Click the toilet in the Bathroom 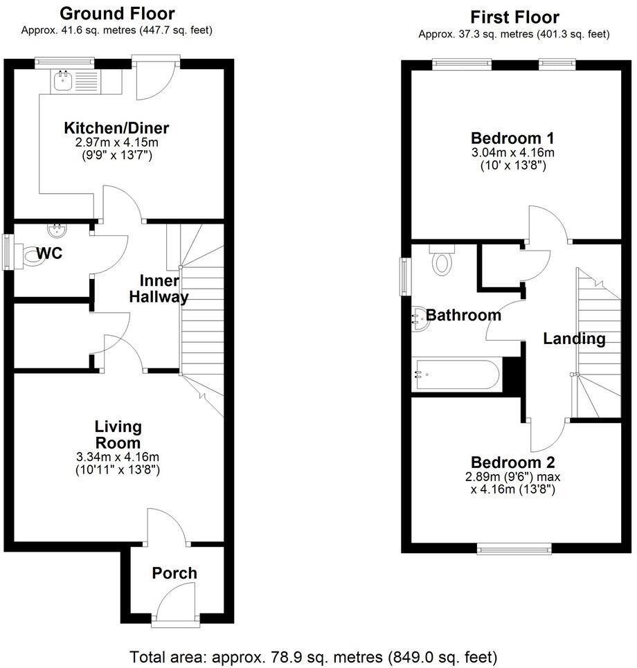coord(441,262)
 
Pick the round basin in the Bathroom coord(418,316)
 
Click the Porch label coord(174,573)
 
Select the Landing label coord(574,339)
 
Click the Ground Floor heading coord(117,13)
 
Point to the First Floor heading coord(514,17)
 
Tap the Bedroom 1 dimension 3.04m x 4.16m coord(512,152)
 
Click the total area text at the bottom coord(314,656)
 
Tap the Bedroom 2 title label coord(512,462)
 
